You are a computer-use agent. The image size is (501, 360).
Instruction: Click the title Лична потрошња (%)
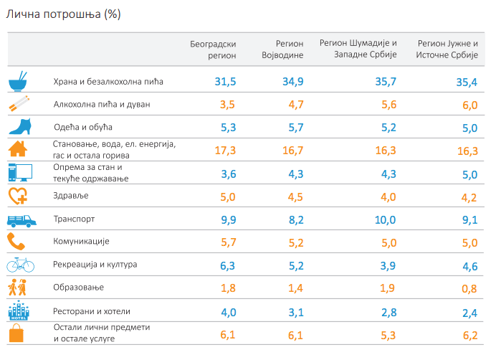62,14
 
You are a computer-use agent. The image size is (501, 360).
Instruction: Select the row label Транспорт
75,219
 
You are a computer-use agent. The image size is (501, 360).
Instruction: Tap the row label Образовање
79,287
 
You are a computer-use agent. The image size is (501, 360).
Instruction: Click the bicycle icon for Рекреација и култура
20,265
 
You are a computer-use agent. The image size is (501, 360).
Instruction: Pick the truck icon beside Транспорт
20,219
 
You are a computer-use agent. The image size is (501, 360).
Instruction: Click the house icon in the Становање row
19,149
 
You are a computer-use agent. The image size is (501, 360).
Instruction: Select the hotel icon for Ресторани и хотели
19,311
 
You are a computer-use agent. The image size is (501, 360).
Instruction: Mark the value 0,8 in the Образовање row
469,288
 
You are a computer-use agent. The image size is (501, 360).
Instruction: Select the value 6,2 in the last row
469,334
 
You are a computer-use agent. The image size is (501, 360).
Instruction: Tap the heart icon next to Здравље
19,196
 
